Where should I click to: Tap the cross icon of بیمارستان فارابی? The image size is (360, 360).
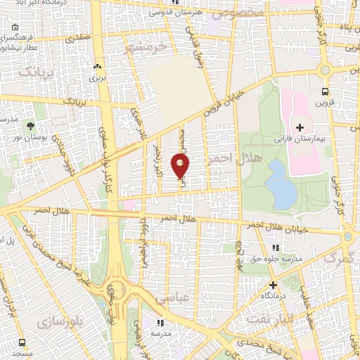(300, 127)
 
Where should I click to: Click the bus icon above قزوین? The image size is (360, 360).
(325, 91)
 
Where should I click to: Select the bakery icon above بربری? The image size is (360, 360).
(96, 67)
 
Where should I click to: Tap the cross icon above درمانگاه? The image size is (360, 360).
(273, 285)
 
